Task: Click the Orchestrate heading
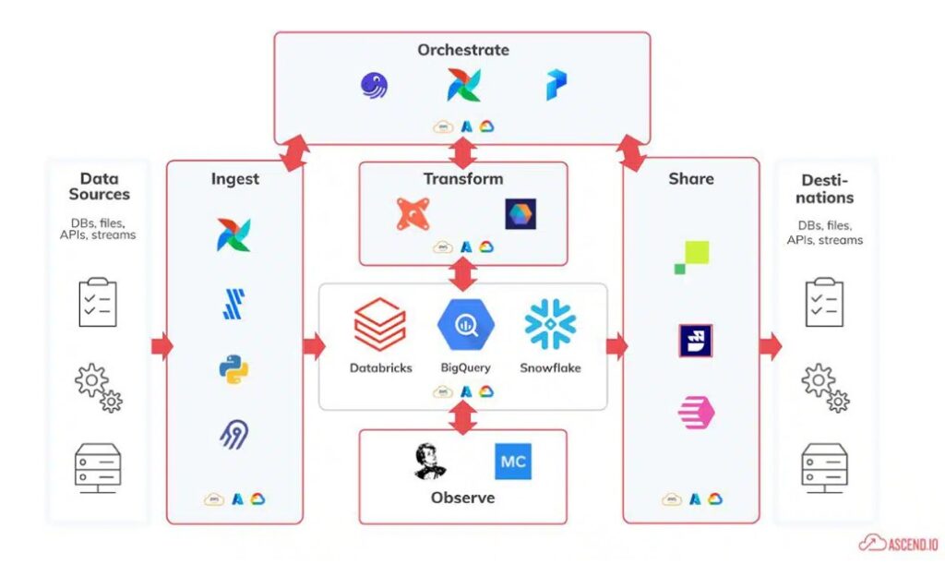pos(462,50)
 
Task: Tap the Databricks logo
pos(380,325)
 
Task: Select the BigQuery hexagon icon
pos(465,325)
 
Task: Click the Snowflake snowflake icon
pos(550,324)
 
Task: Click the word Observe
pos(462,498)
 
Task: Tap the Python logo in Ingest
pos(233,369)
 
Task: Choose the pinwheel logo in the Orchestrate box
pos(462,86)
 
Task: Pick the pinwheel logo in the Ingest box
pos(233,234)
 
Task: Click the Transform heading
pos(462,178)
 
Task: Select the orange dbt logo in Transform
pos(413,214)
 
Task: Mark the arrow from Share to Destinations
pos(770,347)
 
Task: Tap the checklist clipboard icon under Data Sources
pos(98,302)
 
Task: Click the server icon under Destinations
pos(824,465)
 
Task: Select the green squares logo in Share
pos(692,257)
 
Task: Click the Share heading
pos(691,178)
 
